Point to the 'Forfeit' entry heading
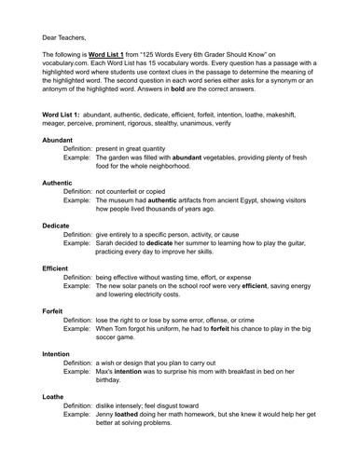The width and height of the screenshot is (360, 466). pyautogui.click(x=55, y=310)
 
